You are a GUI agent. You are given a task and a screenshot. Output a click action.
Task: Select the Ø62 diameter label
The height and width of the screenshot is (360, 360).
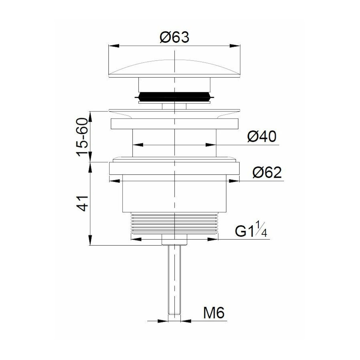(x=267, y=173)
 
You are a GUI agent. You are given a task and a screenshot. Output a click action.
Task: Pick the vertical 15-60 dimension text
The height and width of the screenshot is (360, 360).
(x=83, y=137)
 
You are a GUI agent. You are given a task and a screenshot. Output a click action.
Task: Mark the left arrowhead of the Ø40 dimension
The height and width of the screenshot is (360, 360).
(x=137, y=145)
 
